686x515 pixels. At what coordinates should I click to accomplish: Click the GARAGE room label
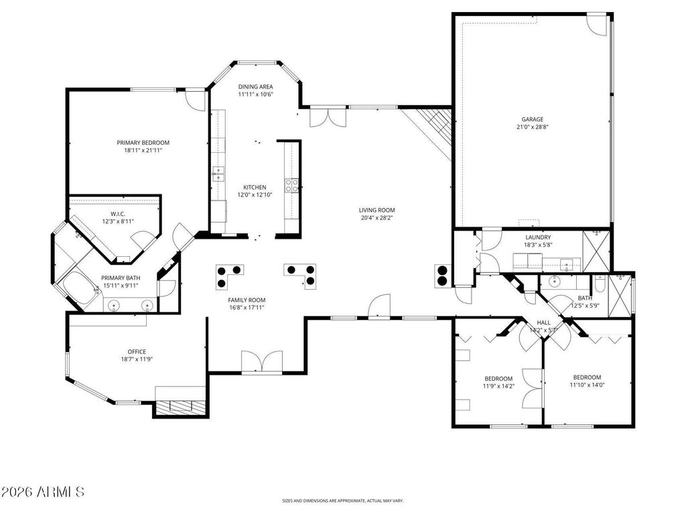click(532, 119)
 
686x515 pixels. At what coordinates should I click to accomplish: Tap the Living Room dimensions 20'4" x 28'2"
click(376, 218)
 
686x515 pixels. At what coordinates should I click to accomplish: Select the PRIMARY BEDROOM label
click(143, 143)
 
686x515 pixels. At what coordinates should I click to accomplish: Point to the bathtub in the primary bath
click(80, 287)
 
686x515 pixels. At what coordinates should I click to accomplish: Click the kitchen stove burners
click(292, 186)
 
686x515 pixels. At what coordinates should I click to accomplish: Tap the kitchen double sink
click(218, 174)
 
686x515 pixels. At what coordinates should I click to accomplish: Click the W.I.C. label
click(118, 214)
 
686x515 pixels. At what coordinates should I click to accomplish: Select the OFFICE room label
click(137, 351)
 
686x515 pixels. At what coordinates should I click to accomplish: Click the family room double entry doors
click(262, 362)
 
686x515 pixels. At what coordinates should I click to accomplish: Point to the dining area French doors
click(328, 117)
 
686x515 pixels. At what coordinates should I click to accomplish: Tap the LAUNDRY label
click(538, 237)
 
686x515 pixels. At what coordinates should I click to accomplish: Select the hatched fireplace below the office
click(180, 407)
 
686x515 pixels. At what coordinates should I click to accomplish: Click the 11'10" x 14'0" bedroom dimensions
click(587, 386)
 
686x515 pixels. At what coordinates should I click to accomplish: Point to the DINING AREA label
click(255, 87)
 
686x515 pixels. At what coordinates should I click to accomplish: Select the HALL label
click(544, 323)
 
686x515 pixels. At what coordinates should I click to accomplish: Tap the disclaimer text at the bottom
click(342, 500)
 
